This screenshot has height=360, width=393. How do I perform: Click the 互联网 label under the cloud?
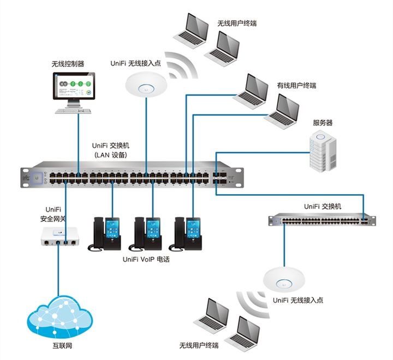(x=62, y=346)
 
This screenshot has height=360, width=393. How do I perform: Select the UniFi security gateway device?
(x=60, y=236)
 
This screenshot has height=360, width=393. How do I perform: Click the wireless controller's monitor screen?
(x=74, y=86)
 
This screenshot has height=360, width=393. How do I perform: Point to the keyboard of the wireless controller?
(x=73, y=111)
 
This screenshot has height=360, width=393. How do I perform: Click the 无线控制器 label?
(x=68, y=64)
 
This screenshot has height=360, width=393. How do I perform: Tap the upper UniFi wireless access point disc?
(x=146, y=85)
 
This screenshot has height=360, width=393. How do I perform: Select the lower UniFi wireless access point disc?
(x=284, y=280)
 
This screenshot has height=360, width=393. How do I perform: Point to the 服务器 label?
(x=323, y=123)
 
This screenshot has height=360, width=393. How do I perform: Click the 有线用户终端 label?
(x=296, y=86)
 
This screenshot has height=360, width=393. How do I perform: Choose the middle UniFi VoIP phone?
(x=145, y=234)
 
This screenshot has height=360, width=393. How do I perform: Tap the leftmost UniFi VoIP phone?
(x=104, y=234)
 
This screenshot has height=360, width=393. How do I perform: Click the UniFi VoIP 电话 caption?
(x=146, y=259)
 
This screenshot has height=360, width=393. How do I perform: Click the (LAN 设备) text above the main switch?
(x=111, y=155)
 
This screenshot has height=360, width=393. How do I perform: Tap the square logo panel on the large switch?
(x=37, y=178)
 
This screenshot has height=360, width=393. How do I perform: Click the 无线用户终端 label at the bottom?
(x=199, y=345)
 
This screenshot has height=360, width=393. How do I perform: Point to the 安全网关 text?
(x=53, y=219)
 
